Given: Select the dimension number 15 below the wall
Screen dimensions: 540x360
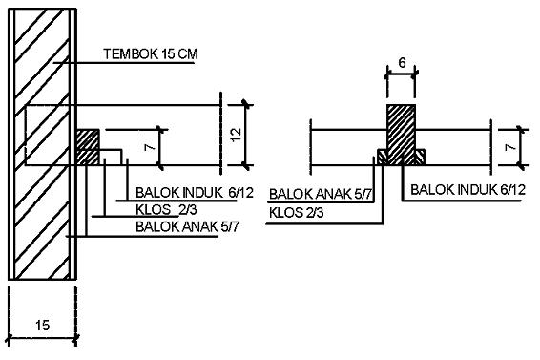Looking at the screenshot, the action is pos(42,326).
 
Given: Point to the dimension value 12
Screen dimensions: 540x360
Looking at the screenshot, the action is pos(237,136).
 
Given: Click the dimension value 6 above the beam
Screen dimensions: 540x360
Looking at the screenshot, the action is pos(402,63).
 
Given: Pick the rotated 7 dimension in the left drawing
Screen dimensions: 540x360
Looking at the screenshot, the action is pos(150,147).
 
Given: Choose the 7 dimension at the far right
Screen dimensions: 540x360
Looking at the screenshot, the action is pos(510,147).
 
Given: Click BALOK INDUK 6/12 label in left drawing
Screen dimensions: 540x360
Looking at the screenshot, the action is pos(195,193).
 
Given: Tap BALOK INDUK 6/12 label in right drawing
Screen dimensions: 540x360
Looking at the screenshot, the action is pos(468,190).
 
